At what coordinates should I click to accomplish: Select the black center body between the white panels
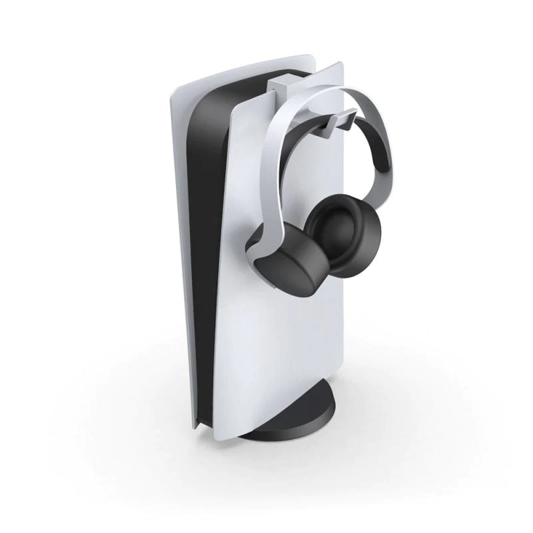207,200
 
